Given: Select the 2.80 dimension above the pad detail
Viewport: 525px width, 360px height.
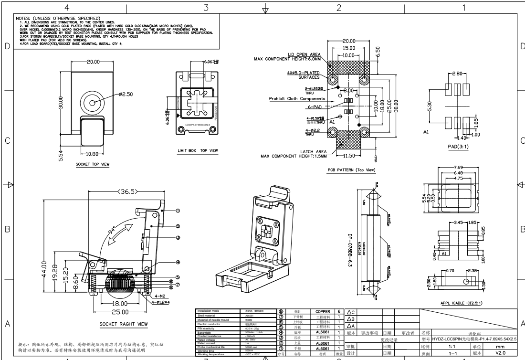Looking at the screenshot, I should point(457,75).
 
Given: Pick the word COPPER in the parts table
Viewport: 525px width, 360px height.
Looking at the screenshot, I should point(319,311).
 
